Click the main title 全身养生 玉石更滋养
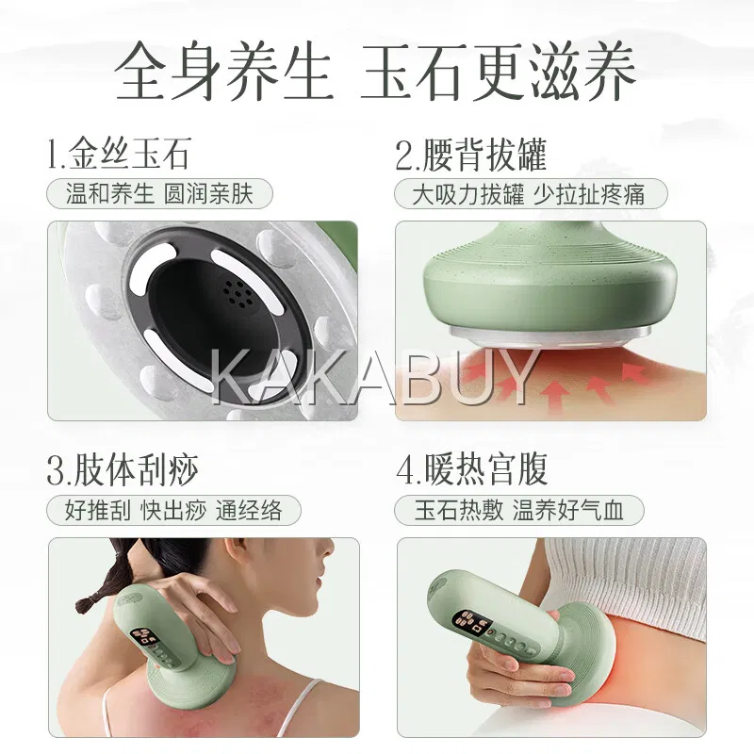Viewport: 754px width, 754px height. pos(375,72)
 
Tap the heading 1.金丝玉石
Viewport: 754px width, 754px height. pos(120,154)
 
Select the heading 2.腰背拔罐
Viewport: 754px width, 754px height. pos(471,155)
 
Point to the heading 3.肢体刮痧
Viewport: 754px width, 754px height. pos(123,469)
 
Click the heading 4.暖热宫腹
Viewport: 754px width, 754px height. pos(472,469)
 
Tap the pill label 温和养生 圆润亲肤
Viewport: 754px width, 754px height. pos(159,194)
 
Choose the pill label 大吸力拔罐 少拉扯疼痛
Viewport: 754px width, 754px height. pos(531,194)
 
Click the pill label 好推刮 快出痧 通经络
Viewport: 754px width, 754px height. pos(173,510)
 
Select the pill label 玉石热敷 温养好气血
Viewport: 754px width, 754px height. pos(519,510)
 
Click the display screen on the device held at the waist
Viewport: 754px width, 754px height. pos(471,623)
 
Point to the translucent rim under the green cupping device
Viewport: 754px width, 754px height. pos(550,336)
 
